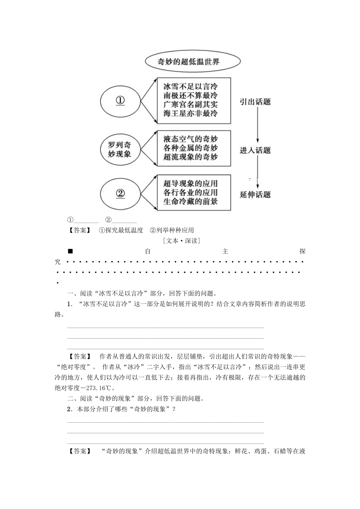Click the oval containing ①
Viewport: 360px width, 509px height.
pyautogui.click(x=120, y=101)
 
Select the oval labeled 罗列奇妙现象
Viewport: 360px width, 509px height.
pyautogui.click(x=120, y=149)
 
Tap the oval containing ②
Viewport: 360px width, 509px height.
pyautogui.click(x=120, y=194)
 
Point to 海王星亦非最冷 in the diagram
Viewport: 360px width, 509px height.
pyautogui.click(x=191, y=113)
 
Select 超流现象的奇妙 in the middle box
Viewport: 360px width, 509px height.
pyautogui.click(x=191, y=157)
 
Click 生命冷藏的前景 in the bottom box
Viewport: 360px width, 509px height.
pyautogui.click(x=191, y=201)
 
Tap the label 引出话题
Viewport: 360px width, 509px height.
pyautogui.click(x=255, y=101)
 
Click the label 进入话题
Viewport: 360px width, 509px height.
pyautogui.click(x=255, y=150)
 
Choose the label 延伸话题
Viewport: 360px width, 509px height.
pyautogui.click(x=255, y=195)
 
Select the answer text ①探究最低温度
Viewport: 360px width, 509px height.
pyautogui.click(x=121, y=230)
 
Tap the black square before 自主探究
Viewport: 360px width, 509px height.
pyautogui.click(x=70, y=251)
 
